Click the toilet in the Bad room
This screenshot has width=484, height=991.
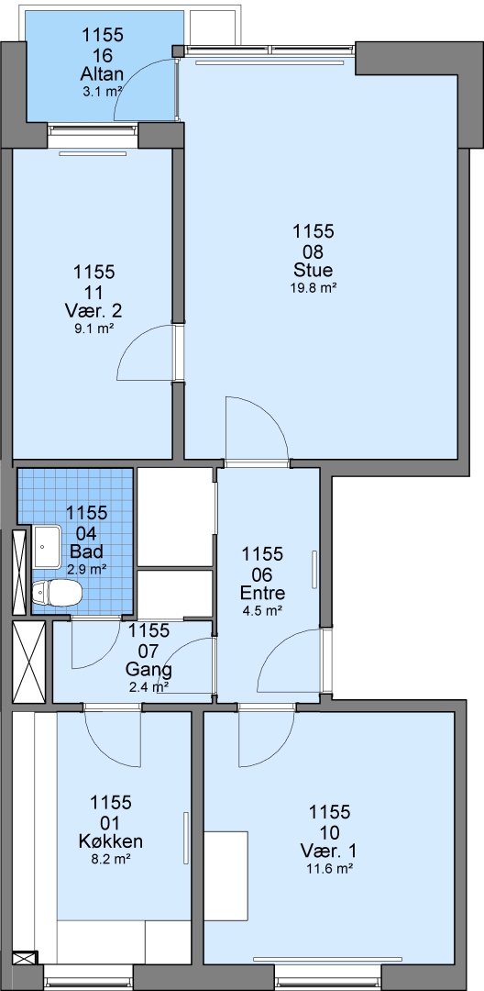coord(57,593)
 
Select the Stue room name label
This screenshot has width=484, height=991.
coord(313,271)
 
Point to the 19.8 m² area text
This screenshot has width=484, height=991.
coord(313,287)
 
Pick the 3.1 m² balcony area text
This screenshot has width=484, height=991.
coord(103,92)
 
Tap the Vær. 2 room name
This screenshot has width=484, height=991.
coord(93,311)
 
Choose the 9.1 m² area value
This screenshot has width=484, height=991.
coord(93,328)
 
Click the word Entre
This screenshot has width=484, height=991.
coord(262,593)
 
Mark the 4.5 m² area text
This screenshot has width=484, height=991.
coord(262,610)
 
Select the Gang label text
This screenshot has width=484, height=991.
coord(148,670)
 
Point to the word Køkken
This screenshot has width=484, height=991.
coord(110,841)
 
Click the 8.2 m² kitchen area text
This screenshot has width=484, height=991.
coord(110,858)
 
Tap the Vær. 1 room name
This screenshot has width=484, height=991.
coord(329,851)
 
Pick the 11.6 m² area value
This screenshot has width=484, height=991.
coord(329,868)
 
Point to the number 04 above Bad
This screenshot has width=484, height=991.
coord(86,531)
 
